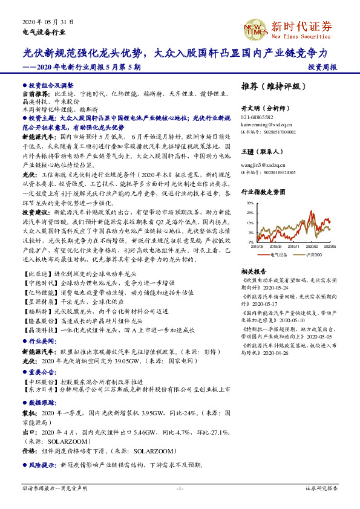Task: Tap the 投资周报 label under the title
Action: click(x=322, y=67)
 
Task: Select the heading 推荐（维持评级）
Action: click(x=270, y=85)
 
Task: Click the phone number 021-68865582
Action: click(x=257, y=117)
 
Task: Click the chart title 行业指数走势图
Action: click(x=263, y=192)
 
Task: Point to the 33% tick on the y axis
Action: click(x=250, y=204)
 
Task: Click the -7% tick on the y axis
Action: click(x=250, y=242)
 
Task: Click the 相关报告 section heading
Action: click(x=255, y=271)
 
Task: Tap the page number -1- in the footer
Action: click(x=180, y=487)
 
